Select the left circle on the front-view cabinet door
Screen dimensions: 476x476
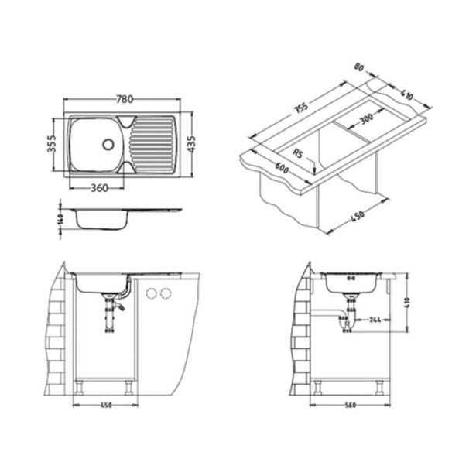click(151, 293)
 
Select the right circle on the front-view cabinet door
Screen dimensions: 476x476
click(164, 293)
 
